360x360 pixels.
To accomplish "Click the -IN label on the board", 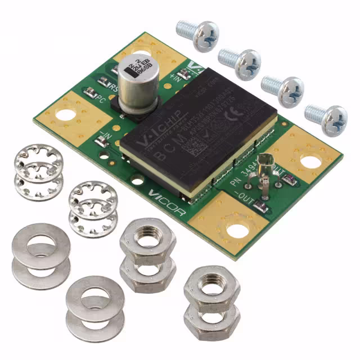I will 105,135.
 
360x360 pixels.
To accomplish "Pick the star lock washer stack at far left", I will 38,172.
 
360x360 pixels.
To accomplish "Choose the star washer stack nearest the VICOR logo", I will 92,208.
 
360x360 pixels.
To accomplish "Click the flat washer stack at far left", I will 40,255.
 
